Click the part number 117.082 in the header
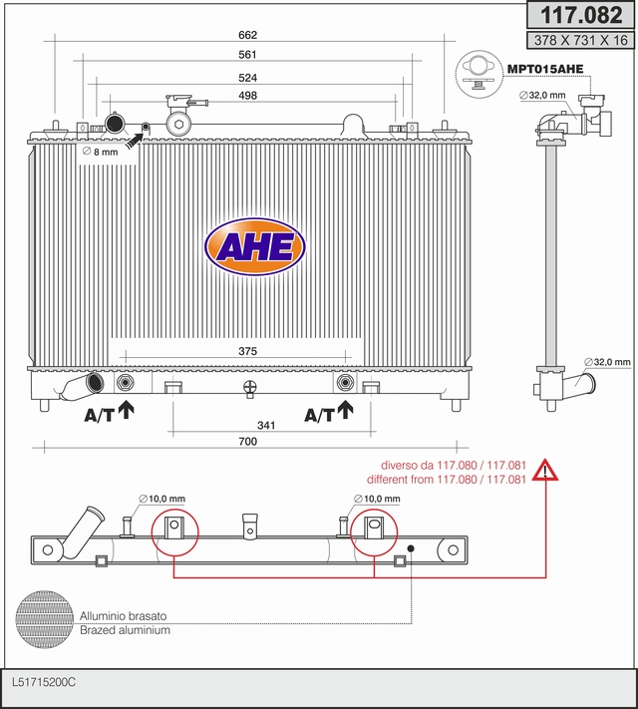click(x=581, y=15)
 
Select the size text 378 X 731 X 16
click(x=581, y=40)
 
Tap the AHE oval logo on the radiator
click(x=255, y=247)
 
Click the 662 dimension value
click(x=248, y=35)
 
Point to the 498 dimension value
click(x=248, y=96)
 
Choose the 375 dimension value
click(x=248, y=351)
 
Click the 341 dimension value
click(x=266, y=425)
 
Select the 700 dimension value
click(x=248, y=442)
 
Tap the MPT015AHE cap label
click(x=545, y=69)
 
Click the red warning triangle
click(x=545, y=471)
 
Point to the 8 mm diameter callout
click(x=101, y=152)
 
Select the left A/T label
click(x=99, y=415)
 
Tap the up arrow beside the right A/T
click(x=346, y=409)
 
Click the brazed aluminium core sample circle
click(x=44, y=619)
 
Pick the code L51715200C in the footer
click(x=44, y=682)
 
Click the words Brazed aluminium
click(x=125, y=630)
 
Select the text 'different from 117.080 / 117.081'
click(x=447, y=480)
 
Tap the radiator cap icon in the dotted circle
click(x=478, y=74)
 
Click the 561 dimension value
click(x=248, y=54)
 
